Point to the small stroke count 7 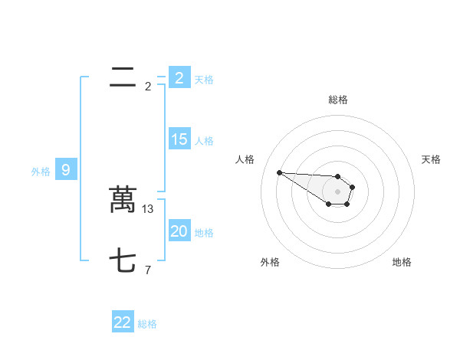click(x=147, y=270)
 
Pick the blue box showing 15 click(x=179, y=139)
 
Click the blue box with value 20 click(x=179, y=231)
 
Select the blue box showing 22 click(x=123, y=322)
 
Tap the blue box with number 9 click(x=66, y=170)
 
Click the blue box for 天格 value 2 click(x=179, y=78)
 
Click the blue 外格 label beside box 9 click(x=41, y=172)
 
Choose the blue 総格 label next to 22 click(x=147, y=324)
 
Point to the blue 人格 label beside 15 click(x=204, y=141)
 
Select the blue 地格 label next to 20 click(x=204, y=233)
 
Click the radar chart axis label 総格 click(x=338, y=100)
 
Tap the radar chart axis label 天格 click(x=431, y=159)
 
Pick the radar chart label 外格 click(x=270, y=262)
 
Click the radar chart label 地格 click(x=402, y=262)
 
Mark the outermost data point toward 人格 click(x=279, y=172)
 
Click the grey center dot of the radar click(x=337, y=191)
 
